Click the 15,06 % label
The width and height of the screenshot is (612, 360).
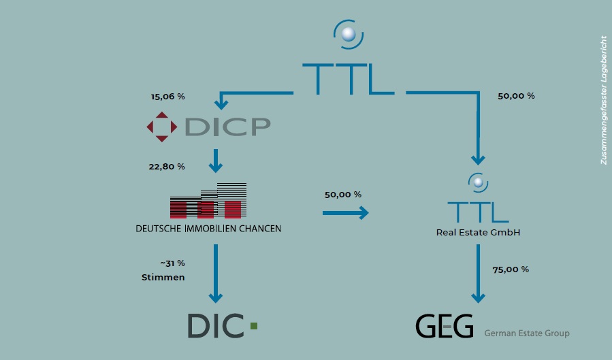167,97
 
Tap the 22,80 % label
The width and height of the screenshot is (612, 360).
167,167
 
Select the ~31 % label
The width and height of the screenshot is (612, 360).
172,263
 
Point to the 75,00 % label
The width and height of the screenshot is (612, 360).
510,269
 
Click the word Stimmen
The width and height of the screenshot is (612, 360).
163,278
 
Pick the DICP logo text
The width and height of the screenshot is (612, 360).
227,127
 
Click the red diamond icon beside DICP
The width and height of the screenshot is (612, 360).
161,127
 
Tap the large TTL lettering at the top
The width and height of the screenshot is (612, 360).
348,78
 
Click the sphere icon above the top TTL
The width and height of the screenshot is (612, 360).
349,33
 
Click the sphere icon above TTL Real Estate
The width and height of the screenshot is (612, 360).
478,182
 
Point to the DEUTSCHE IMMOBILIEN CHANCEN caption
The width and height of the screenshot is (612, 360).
208,229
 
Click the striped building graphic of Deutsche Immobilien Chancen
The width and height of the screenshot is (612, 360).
208,201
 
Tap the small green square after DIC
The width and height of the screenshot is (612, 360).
254,327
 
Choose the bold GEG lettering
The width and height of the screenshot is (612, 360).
444,327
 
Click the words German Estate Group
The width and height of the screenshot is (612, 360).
526,333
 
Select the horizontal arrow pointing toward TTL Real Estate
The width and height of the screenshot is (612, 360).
345,214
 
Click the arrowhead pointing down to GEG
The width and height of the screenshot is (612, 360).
478,297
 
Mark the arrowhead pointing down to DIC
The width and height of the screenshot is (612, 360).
216,297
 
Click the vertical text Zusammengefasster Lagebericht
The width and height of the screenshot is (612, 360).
603,100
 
